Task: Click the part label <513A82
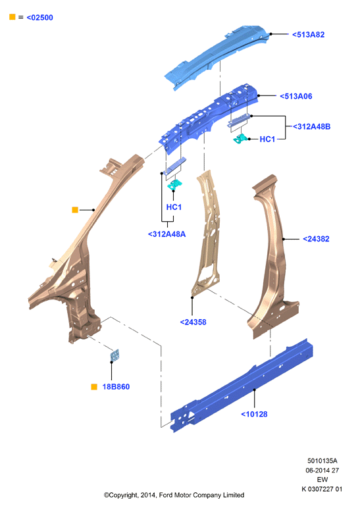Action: click(x=308, y=35)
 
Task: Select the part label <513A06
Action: click(x=296, y=96)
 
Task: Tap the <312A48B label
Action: click(x=312, y=126)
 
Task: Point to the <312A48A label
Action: click(x=167, y=234)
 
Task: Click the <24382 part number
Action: click(x=316, y=239)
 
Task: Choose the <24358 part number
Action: click(x=193, y=322)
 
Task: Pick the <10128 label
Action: click(x=254, y=414)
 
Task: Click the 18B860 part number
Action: click(x=116, y=386)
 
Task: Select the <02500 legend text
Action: click(x=40, y=18)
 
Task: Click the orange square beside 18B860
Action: click(x=94, y=386)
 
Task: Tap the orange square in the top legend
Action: click(x=13, y=17)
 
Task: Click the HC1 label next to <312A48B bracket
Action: click(x=267, y=139)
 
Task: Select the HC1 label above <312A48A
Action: click(x=174, y=207)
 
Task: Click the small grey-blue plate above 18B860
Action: click(x=115, y=355)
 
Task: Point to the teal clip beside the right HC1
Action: click(x=240, y=139)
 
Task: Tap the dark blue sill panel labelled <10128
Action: click(x=242, y=386)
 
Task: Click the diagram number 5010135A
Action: click(x=322, y=461)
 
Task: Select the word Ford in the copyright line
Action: click(x=165, y=495)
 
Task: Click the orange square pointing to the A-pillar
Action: click(x=75, y=210)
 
